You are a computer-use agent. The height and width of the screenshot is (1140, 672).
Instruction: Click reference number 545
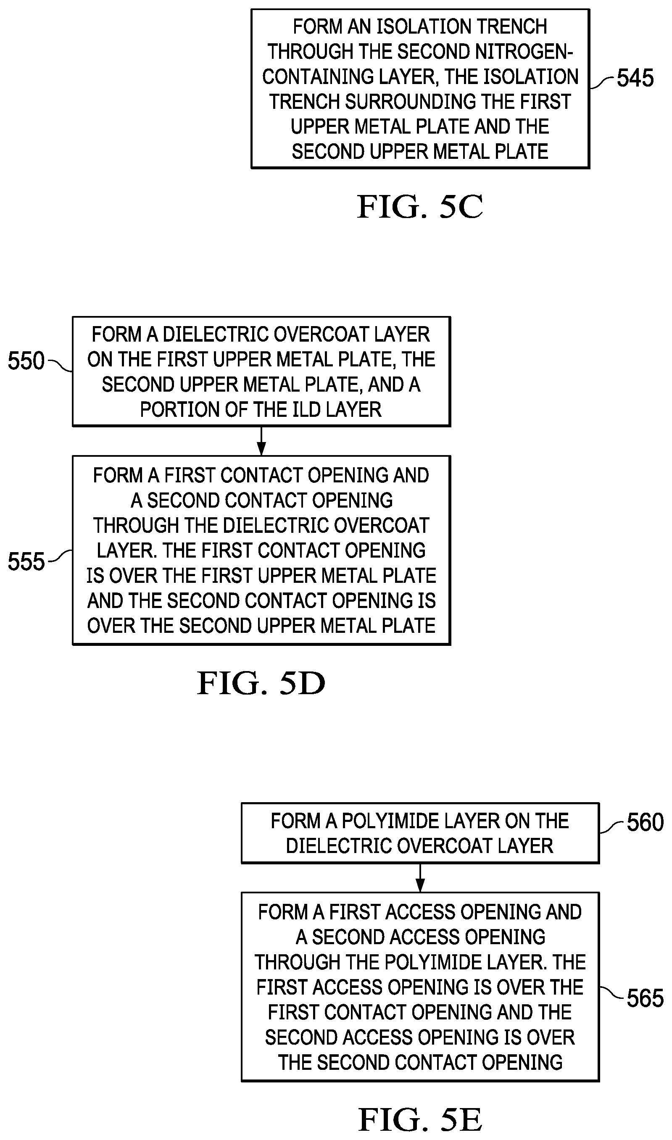[635, 78]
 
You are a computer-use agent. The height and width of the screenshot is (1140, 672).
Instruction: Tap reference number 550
[26, 361]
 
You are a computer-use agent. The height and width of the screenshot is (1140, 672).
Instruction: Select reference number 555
[26, 561]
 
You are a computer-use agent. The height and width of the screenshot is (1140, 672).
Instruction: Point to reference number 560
[645, 822]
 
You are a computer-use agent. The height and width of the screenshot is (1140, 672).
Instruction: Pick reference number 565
[645, 998]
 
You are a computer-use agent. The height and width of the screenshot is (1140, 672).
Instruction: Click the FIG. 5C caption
[420, 207]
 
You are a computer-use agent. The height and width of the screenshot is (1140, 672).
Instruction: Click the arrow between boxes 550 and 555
[261, 440]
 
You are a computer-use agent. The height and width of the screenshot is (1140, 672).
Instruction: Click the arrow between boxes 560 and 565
[420, 878]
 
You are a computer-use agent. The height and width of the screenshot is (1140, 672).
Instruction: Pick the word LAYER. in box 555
[127, 550]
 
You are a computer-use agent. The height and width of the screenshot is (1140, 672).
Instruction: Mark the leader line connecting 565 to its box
[613, 993]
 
